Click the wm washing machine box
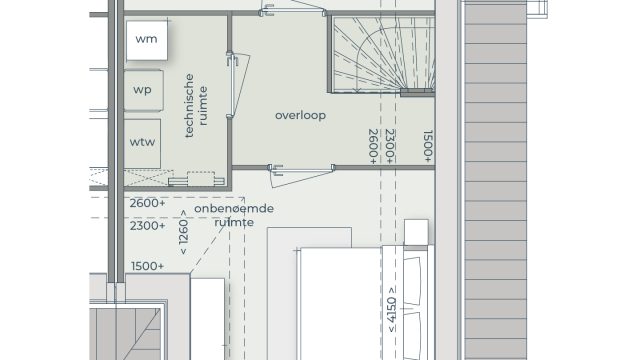click(x=147, y=40)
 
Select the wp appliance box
click(x=143, y=90)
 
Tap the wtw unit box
click(x=142, y=143)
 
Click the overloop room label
click(x=300, y=116)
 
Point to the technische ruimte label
click(x=196, y=105)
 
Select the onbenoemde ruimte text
click(x=234, y=215)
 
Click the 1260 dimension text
click(x=183, y=232)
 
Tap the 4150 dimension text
click(x=391, y=310)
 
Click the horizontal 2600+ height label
click(x=147, y=203)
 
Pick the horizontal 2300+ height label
click(x=147, y=225)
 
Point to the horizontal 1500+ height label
click(x=147, y=266)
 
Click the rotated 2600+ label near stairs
click(x=373, y=147)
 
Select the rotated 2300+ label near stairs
click(x=390, y=147)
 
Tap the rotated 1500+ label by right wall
click(x=427, y=147)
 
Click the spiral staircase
click(x=382, y=54)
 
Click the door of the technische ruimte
click(x=238, y=85)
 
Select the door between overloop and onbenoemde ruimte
click(x=301, y=175)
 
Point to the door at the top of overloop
click(x=293, y=8)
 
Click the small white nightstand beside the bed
click(x=416, y=232)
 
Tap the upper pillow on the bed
click(x=412, y=281)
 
